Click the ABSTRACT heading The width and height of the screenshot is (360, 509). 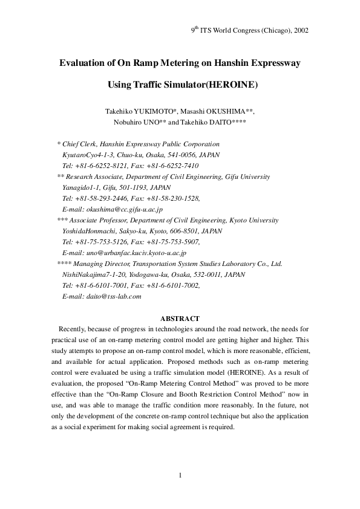(x=180, y=318)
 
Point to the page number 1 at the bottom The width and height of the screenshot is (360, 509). (x=180, y=475)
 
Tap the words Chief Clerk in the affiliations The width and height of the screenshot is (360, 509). (x=80, y=144)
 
